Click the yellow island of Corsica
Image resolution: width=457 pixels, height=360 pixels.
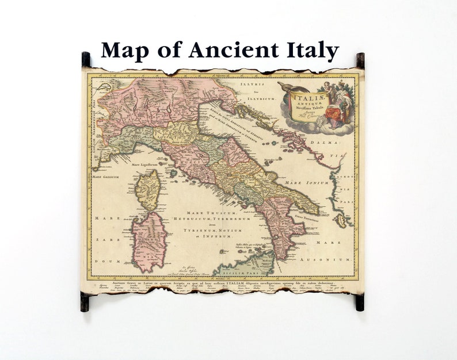pyautogui.click(x=148, y=189)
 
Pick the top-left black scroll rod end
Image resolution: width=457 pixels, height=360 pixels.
pyautogui.click(x=86, y=59)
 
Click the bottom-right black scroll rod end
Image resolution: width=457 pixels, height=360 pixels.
pyautogui.click(x=360, y=301)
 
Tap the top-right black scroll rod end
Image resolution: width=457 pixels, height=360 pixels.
pyautogui.click(x=360, y=60)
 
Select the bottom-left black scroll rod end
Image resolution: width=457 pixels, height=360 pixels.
pyautogui.click(x=85, y=301)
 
